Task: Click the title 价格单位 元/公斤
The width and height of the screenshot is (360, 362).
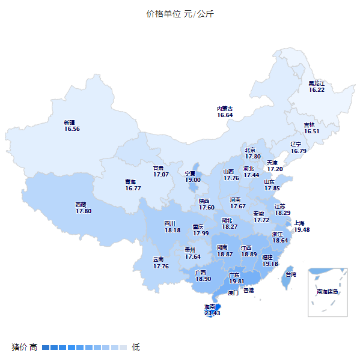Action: coord(180,14)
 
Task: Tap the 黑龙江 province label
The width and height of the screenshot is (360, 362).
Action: coord(316,83)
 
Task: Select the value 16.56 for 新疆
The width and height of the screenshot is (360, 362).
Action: coord(72,128)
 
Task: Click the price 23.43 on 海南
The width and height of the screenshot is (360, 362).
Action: coord(212,313)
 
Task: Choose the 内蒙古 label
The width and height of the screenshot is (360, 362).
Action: coord(225,109)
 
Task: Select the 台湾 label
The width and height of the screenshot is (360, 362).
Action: coord(290,274)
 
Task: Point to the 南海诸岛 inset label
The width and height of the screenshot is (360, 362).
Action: coord(328,292)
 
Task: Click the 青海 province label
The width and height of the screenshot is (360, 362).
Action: coord(130,181)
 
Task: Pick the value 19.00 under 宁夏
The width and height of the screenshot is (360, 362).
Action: coord(192,179)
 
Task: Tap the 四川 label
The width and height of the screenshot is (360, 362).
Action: coord(171,223)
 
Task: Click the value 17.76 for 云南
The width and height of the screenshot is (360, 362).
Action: coord(161,266)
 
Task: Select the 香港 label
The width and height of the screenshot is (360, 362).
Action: coord(248,290)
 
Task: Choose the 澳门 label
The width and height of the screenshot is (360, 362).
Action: coord(233,293)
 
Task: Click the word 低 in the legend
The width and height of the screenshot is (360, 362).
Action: coord(136,347)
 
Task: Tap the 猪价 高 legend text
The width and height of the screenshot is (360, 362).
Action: coord(25,347)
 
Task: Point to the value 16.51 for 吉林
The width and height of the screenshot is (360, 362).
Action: coord(311,131)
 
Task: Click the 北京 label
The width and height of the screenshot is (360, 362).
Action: coord(250,149)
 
